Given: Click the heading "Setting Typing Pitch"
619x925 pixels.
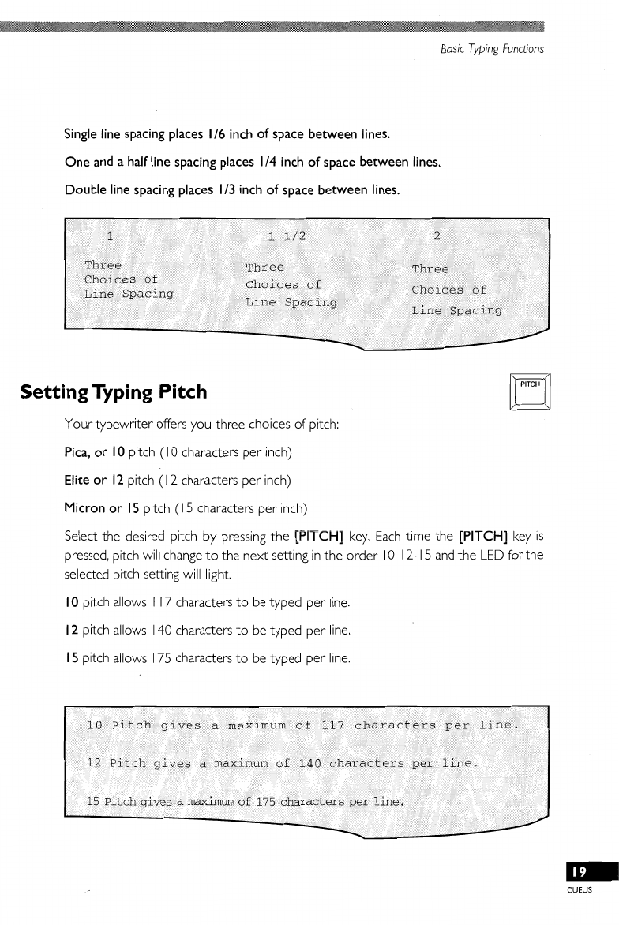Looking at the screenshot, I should tap(114, 391).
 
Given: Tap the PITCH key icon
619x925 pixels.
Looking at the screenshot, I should tap(530, 391).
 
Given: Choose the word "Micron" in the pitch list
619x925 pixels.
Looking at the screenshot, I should tap(84, 507).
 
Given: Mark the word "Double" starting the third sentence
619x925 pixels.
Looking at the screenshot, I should tap(84, 191).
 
